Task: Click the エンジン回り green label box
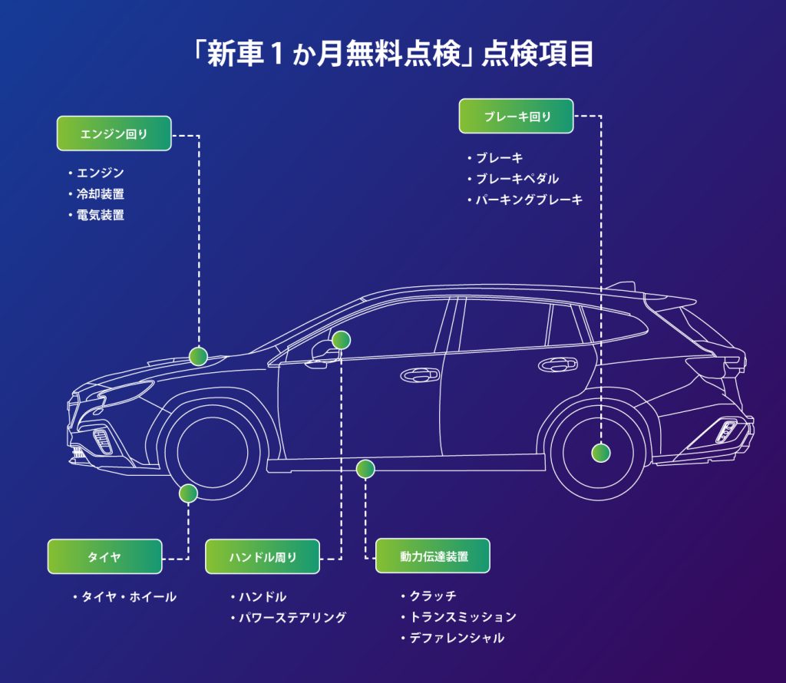(x=114, y=134)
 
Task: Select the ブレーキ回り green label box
(x=517, y=117)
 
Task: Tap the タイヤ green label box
(x=104, y=556)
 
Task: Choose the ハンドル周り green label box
(x=262, y=556)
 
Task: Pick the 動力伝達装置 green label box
(x=432, y=556)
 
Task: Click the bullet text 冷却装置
(x=100, y=194)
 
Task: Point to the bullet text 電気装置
(x=100, y=215)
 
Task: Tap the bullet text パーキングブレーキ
(x=529, y=200)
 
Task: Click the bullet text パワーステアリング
(x=292, y=617)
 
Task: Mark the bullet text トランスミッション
(x=462, y=617)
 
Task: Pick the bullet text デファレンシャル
(x=457, y=638)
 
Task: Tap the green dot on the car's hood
(x=199, y=356)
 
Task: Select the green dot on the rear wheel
(x=601, y=452)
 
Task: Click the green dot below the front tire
(x=188, y=493)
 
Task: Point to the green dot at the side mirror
(x=342, y=339)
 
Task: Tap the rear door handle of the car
(x=558, y=364)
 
